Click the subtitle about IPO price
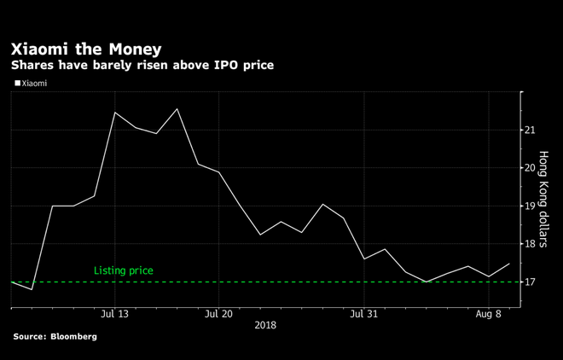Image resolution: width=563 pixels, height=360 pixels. coord(142,65)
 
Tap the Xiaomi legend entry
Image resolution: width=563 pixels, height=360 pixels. coord(34,84)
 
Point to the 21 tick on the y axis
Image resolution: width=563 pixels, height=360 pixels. coord(531,130)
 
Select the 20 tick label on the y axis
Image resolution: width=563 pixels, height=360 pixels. coord(531,168)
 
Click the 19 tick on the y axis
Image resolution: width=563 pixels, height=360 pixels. coord(531,206)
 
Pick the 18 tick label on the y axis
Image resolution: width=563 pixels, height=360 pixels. coord(531,244)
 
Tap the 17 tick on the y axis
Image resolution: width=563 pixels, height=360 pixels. coord(531,282)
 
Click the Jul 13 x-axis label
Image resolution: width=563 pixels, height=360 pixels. coord(114,314)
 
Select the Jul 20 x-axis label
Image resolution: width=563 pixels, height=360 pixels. coord(219,314)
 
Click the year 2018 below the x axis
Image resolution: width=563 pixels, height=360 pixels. coord(264,325)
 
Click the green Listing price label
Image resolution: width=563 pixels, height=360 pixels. coord(124,270)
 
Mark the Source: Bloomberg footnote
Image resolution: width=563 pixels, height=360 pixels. coord(55,337)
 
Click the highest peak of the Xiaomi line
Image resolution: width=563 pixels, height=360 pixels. coord(177,109)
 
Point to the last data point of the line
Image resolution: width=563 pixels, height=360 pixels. coord(510,264)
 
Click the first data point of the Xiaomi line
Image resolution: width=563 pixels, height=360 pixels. coord(11,282)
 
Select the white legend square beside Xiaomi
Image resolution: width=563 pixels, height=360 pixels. coord(17,84)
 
